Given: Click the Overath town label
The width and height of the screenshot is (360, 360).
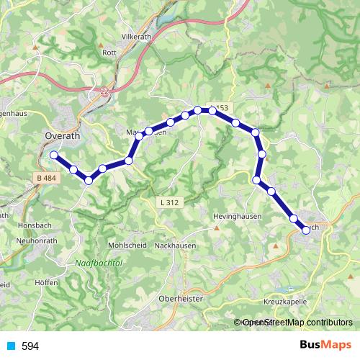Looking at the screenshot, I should pos(63,135).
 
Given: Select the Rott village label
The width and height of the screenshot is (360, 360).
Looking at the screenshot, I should pos(109,53).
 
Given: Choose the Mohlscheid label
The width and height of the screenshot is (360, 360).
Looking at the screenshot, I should pos(127,246).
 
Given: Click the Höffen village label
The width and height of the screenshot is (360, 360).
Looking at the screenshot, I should pos(45,283).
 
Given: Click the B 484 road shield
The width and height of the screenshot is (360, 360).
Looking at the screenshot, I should pos(44,177).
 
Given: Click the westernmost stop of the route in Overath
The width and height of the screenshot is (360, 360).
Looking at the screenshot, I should pos(53,154).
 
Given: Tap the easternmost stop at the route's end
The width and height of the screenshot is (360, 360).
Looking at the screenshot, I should pos(306,229).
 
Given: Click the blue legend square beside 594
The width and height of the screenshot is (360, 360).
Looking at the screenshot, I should pos(10,346).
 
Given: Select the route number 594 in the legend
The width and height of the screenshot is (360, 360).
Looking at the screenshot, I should pos(30,346).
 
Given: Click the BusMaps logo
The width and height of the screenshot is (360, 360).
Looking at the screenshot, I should pos(325,346).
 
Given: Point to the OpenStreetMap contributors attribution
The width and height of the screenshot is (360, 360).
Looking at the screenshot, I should pos(297,323).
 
